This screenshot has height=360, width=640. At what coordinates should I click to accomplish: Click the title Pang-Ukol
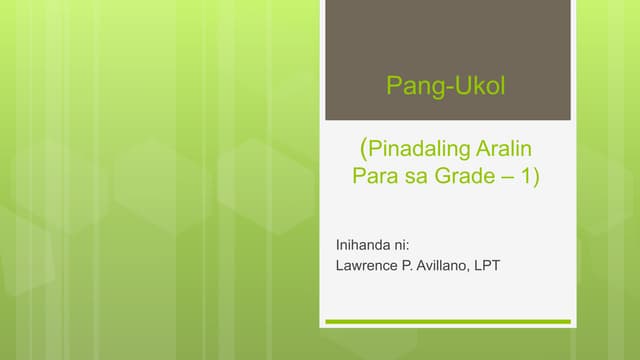point(446,88)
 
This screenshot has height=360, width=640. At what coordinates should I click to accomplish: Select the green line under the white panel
point(446,322)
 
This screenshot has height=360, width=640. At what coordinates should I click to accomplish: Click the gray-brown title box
point(446,40)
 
